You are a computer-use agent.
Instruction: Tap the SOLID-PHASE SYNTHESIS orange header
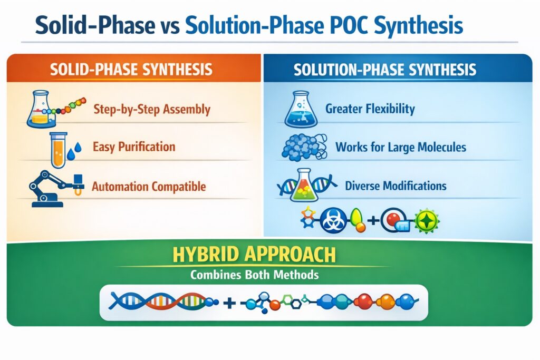(131, 70)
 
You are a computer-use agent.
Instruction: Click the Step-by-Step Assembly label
(151, 110)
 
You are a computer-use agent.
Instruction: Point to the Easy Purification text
(133, 147)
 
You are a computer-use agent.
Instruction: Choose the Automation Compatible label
(148, 186)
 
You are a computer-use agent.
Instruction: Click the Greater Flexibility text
(370, 109)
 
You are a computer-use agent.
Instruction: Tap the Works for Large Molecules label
(401, 147)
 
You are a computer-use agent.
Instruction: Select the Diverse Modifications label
(396, 186)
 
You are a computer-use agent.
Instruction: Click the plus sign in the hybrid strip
(229, 303)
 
